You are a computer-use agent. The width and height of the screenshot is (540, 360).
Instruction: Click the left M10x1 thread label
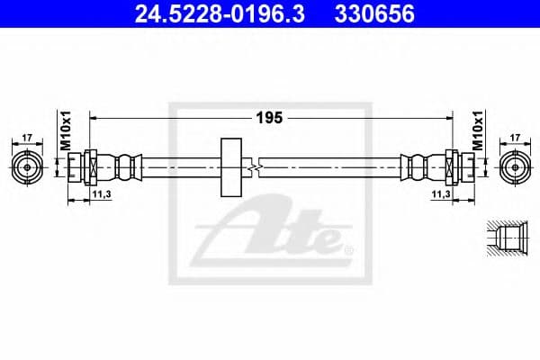coord(66,132)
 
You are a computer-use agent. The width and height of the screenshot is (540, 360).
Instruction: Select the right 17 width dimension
coord(514,138)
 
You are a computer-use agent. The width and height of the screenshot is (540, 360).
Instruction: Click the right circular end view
coord(514,166)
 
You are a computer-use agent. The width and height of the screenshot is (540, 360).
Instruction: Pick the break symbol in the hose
coord(259,166)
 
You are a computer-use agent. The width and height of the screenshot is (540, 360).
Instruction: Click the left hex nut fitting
coord(90,166)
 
